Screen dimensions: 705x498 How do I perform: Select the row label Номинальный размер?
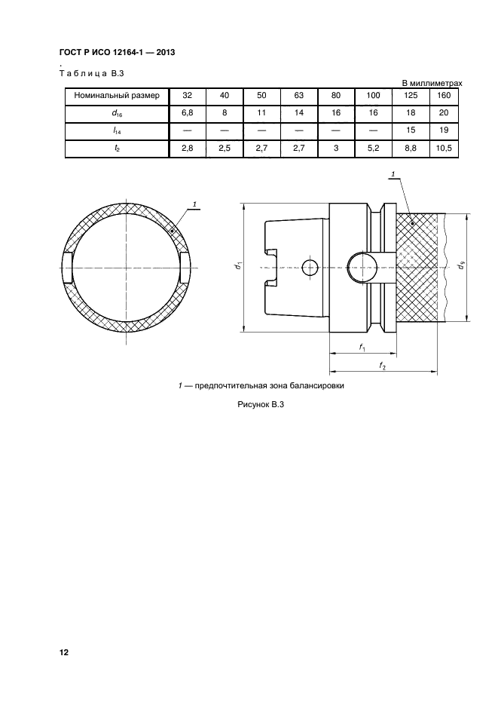pyautogui.click(x=117, y=97)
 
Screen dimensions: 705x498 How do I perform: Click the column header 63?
pyautogui.click(x=298, y=97)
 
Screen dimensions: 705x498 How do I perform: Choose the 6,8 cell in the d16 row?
pyautogui.click(x=188, y=114)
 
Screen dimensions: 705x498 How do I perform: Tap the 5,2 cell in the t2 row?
pyautogui.click(x=372, y=149)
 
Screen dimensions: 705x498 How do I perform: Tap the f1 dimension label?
pyautogui.click(x=362, y=348)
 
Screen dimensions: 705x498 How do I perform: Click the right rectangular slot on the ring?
pyautogui.click(x=185, y=268)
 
